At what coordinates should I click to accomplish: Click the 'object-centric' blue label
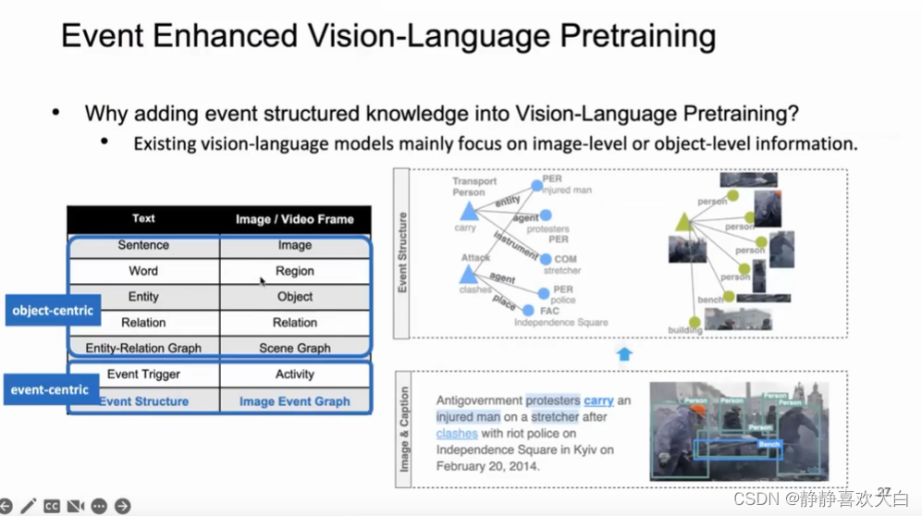point(54,311)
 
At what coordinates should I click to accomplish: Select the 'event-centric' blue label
point(50,389)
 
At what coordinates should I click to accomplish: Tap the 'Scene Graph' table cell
point(295,349)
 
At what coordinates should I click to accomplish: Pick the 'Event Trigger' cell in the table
point(143,375)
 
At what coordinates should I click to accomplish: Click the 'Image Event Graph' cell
point(295,401)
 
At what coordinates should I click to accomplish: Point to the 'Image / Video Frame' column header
point(295,219)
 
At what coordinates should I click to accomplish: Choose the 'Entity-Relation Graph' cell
point(143,349)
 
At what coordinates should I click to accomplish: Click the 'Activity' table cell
point(295,375)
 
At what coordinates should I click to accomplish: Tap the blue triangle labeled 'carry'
point(469,214)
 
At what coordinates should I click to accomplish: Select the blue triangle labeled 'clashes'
point(469,274)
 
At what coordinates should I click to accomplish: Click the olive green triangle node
point(683,222)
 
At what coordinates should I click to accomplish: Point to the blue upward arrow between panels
point(624,354)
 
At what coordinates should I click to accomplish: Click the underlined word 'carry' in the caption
point(599,400)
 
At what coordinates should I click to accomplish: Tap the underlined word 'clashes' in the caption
point(457,433)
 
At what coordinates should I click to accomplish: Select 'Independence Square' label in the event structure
point(561,323)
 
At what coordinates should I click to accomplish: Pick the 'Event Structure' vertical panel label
point(402,253)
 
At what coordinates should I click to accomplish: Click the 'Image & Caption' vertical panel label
point(403,429)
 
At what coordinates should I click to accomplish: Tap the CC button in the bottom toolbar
point(52,506)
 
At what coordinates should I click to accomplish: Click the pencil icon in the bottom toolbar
point(28,506)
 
